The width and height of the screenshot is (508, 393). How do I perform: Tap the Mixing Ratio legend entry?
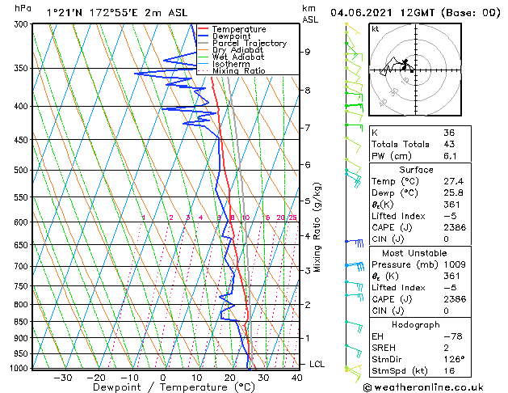238,71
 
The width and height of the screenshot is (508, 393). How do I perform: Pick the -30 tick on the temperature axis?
62,377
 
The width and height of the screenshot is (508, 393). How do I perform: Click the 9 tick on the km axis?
308,52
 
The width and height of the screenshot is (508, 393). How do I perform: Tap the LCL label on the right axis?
317,364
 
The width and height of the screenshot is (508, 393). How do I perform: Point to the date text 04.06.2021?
363,13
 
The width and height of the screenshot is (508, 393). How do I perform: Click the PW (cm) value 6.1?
450,156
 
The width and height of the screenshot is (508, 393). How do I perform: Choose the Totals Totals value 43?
450,144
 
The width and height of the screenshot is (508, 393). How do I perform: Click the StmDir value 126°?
454,358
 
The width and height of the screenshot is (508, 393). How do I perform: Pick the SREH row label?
385,346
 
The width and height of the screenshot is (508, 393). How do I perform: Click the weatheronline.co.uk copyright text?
435,386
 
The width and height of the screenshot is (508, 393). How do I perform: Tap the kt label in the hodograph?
376,29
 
